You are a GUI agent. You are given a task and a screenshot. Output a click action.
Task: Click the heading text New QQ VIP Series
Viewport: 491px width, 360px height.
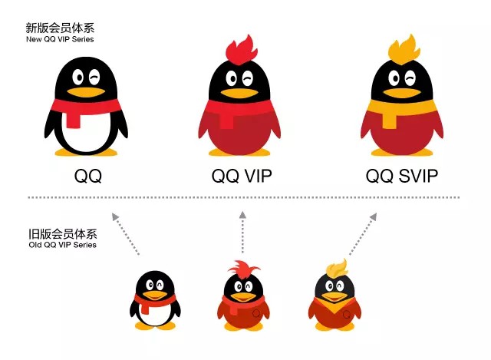pos(60,39)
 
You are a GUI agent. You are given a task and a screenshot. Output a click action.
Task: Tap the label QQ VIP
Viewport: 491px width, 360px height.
pos(242,177)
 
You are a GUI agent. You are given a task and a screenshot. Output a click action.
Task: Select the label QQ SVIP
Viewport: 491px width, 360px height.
pos(401,177)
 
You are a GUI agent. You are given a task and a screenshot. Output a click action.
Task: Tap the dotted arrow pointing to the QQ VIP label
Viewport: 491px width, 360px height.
pos(242,230)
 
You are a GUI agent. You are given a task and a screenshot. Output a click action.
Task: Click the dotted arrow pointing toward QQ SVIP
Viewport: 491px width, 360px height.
pos(361,234)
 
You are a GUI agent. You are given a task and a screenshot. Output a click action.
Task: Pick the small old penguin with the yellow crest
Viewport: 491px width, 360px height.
pos(335,296)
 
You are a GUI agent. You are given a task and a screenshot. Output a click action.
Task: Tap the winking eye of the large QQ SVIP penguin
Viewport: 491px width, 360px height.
pos(415,78)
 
